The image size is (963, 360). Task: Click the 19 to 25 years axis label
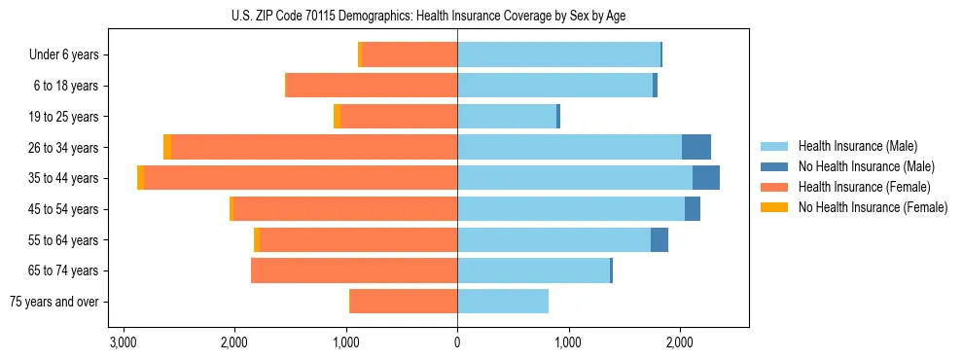pyautogui.click(x=66, y=117)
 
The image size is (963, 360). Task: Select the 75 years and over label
pyautogui.click(x=54, y=302)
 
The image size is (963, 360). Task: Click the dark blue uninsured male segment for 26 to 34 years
pyautogui.click(x=696, y=148)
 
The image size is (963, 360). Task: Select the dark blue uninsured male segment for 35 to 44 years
pyautogui.click(x=706, y=178)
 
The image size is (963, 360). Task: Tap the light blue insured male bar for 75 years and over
pyautogui.click(x=503, y=302)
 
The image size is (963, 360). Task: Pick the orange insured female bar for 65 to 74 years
pyautogui.click(x=354, y=270)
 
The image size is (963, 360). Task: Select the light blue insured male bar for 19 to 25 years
pyautogui.click(x=507, y=117)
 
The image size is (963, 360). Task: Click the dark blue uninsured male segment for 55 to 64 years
pyautogui.click(x=660, y=240)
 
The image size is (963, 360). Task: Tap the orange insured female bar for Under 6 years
pyautogui.click(x=410, y=55)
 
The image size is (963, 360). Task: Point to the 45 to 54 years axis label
pyautogui.click(x=66, y=209)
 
